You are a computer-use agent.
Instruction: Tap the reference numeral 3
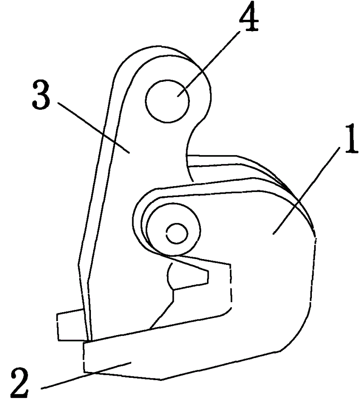[x=41, y=94]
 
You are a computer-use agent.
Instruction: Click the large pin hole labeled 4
[x=167, y=101]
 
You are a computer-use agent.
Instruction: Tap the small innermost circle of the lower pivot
[x=177, y=233]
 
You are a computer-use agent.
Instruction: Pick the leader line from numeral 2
[x=86, y=375]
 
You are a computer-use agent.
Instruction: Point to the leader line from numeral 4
[x=208, y=64]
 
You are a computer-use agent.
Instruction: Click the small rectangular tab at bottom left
[x=71, y=325]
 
